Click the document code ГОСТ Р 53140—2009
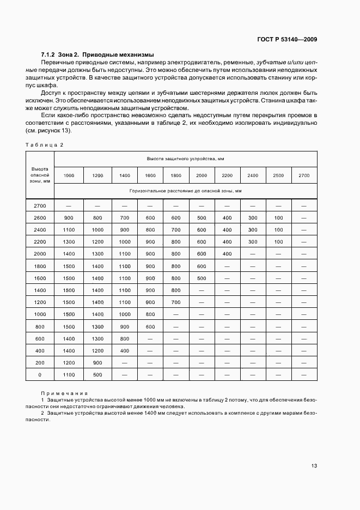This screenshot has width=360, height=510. tap(288, 40)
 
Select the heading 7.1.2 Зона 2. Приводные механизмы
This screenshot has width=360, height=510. tap(97, 54)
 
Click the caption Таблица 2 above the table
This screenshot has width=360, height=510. tap(45, 144)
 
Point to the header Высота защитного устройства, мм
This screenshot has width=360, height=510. tap(185, 159)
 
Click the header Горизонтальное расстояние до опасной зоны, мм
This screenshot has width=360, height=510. tap(185, 191)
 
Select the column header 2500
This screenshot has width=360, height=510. tap(278, 175)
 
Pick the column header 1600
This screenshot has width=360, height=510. tap(150, 175)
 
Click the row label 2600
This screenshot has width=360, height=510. tap(40, 218)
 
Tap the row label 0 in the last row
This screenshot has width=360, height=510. tap(40, 375)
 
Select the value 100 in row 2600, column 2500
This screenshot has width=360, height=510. tap(278, 218)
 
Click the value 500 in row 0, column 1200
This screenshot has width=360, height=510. tap(97, 375)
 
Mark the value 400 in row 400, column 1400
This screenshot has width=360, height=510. tap(124, 350)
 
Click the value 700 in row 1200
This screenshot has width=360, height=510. tap(175, 302)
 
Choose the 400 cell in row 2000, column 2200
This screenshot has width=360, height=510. tap(227, 254)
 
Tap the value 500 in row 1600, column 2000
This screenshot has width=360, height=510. tap(202, 278)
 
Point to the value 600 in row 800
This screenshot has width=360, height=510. tap(150, 326)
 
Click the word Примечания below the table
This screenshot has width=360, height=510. tap(64, 393)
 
